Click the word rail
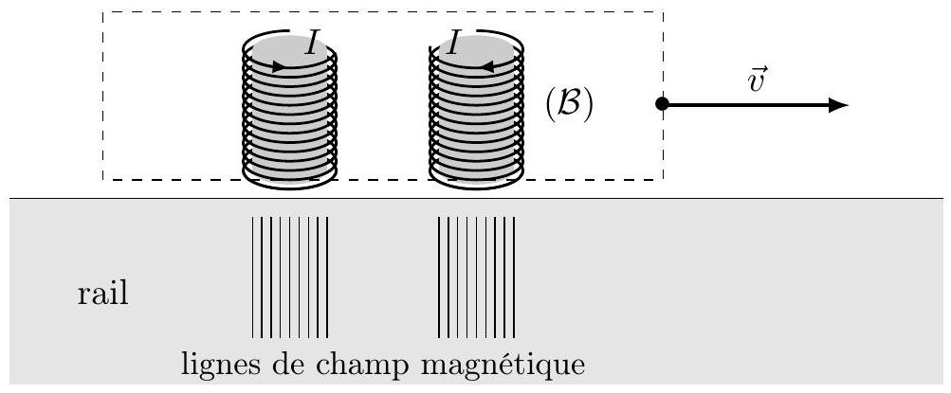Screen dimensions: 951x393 pyautogui.click(x=103, y=295)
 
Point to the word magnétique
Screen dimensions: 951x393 pyautogui.click(x=503, y=366)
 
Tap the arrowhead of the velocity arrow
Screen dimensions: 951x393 pyautogui.click(x=838, y=105)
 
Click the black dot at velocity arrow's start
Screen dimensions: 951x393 pyautogui.click(x=663, y=103)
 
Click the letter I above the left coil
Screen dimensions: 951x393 pyautogui.click(x=312, y=44)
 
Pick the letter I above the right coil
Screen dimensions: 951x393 pyautogui.click(x=451, y=44)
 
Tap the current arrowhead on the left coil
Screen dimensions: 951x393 pyautogui.click(x=279, y=66)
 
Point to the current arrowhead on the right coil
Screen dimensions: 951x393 pyautogui.click(x=487, y=66)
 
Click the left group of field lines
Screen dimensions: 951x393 pyautogui.click(x=290, y=277)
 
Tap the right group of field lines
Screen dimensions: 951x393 pyautogui.click(x=476, y=277)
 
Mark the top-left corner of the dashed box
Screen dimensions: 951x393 pyautogui.click(x=102, y=11)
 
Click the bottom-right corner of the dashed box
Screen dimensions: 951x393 pyautogui.click(x=663, y=179)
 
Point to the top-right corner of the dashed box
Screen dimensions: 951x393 pyautogui.click(x=663, y=11)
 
